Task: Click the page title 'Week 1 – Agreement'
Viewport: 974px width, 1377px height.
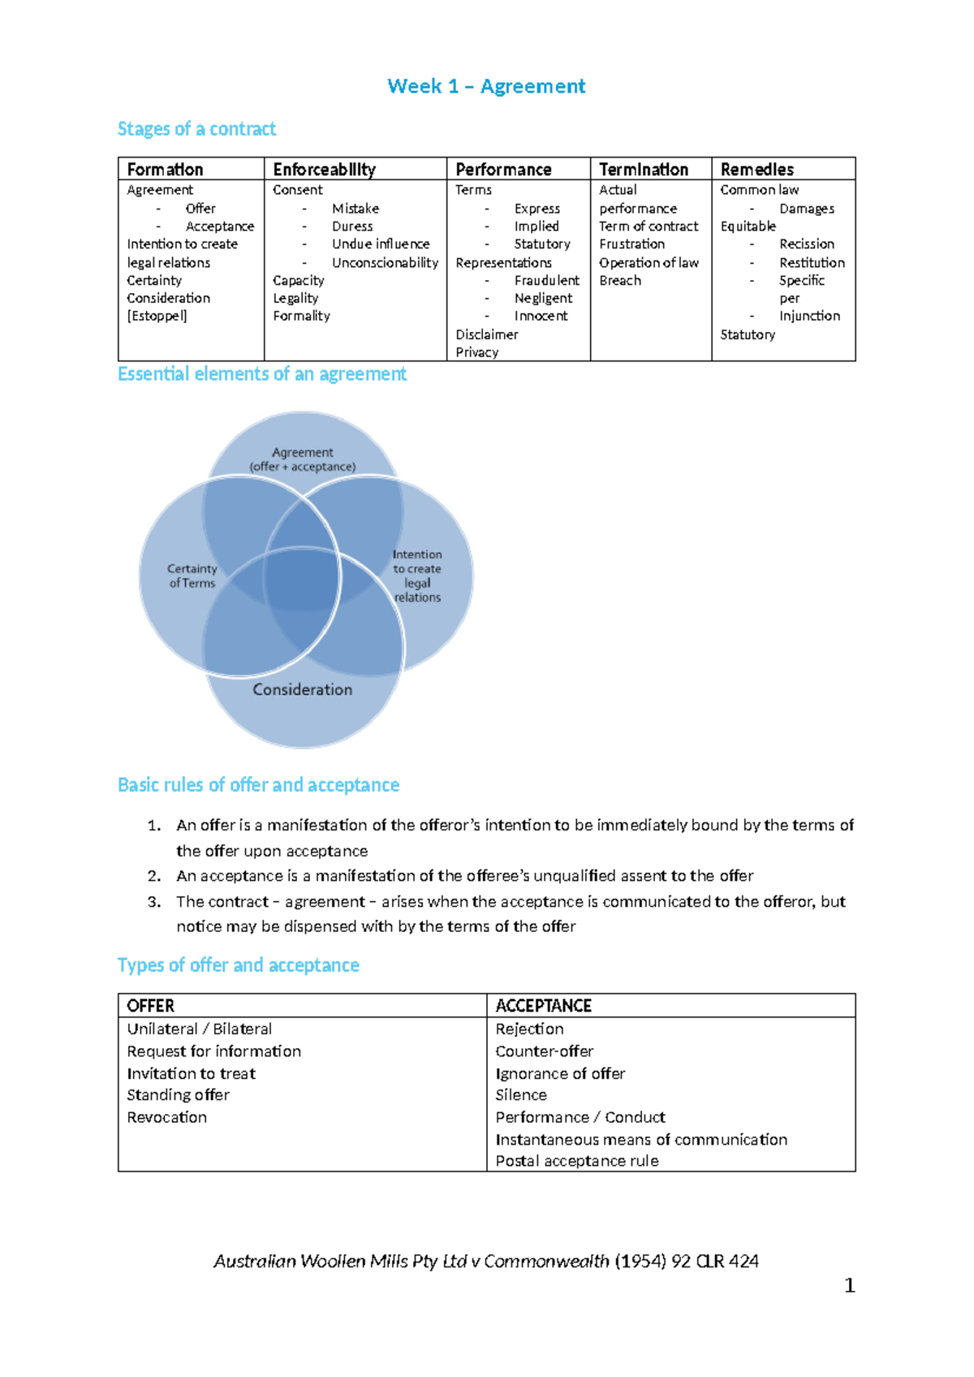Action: (486, 86)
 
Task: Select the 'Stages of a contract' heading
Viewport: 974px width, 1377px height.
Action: (196, 129)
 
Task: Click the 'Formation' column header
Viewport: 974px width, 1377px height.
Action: (165, 169)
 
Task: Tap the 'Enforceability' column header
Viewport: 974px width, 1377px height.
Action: (324, 169)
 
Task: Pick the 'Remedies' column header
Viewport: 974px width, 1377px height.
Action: (756, 169)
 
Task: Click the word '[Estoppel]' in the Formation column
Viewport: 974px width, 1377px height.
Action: (157, 316)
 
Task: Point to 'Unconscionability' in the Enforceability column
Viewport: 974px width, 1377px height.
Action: (385, 262)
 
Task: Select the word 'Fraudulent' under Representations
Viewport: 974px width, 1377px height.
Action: (546, 280)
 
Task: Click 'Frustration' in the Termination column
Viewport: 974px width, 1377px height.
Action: (631, 244)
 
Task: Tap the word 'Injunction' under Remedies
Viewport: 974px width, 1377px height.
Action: (809, 316)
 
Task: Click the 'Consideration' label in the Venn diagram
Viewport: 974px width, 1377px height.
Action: (302, 689)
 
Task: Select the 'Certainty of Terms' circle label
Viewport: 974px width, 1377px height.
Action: (192, 576)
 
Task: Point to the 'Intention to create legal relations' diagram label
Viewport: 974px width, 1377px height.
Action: (417, 576)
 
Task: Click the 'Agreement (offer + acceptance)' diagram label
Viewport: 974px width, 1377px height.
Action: (302, 460)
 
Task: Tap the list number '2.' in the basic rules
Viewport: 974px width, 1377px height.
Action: (154, 876)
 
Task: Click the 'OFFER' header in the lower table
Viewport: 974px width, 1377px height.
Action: (150, 1006)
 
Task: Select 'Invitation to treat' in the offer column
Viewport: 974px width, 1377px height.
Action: (191, 1073)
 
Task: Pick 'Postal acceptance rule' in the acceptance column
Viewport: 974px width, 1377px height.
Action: (577, 1161)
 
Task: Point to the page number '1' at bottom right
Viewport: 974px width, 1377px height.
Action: (849, 1285)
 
